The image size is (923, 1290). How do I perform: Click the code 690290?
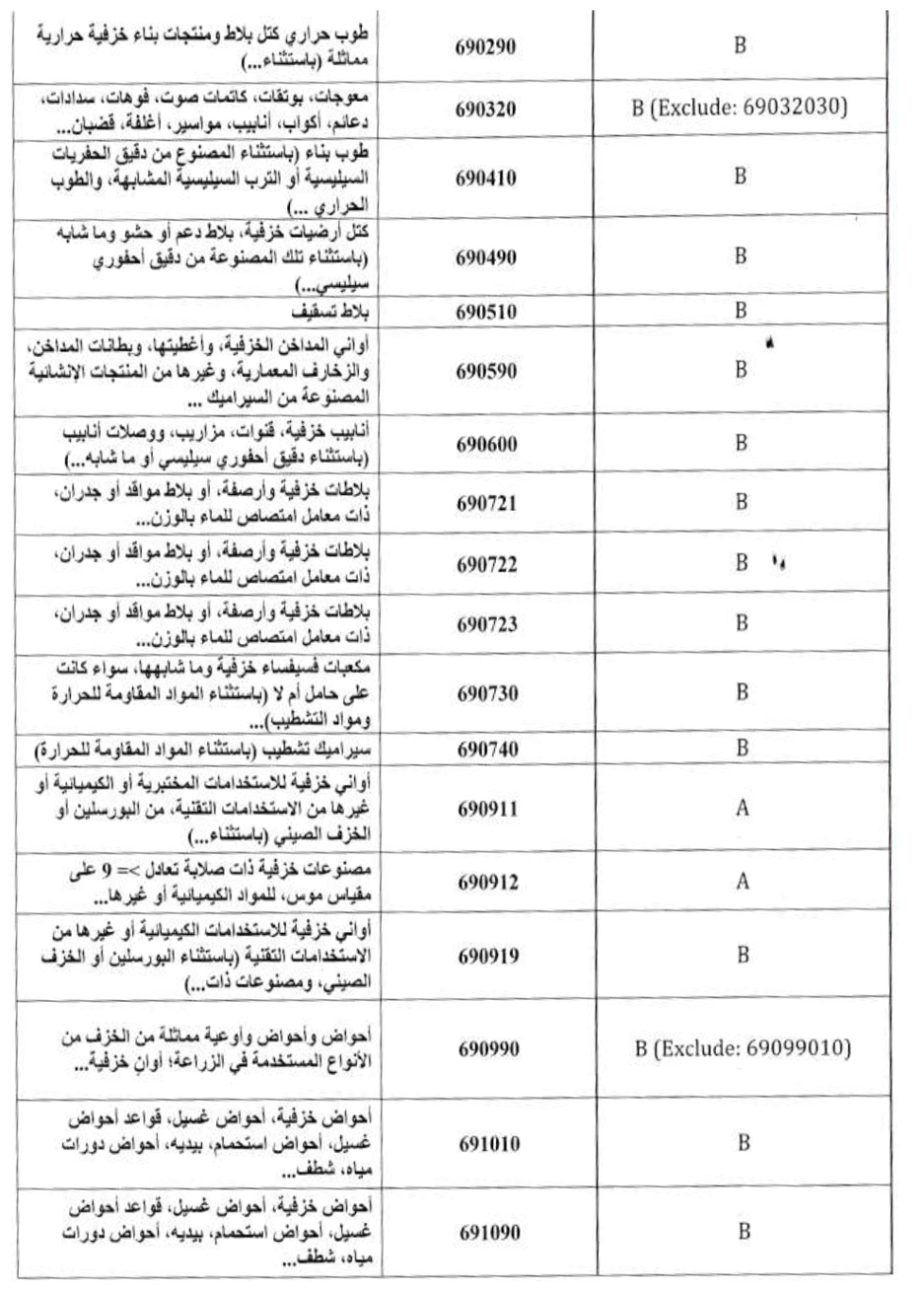pos(487,46)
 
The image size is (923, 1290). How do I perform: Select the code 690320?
pos(487,108)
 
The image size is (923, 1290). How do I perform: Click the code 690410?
pos(487,179)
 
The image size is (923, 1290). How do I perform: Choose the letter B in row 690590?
pos(742,370)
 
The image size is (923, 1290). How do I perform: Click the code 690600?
pos(487,445)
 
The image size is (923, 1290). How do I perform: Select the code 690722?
pos(487,564)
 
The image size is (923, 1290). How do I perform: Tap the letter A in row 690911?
pos(743,808)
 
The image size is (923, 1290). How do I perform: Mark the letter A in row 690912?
pos(743,883)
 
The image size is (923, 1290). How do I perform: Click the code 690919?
pos(487,956)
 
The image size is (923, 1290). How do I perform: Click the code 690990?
pos(487,1049)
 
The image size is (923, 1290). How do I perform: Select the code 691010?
pos(487,1147)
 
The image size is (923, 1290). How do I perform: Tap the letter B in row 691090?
pos(743,1231)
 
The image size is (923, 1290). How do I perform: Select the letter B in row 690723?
pos(742,623)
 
